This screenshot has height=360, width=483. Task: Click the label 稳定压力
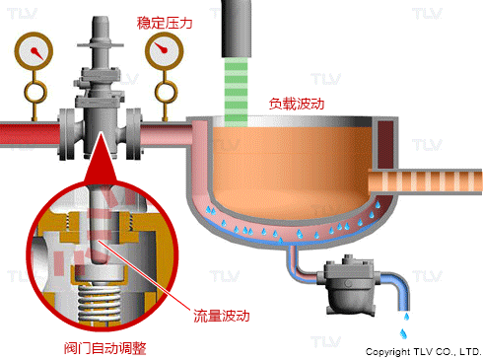pos(165,23)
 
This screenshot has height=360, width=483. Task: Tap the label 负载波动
pos(297,104)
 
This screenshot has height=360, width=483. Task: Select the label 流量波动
pos(221,316)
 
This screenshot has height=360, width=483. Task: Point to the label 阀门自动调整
pos(105,348)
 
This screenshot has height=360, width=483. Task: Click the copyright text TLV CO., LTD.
pos(448,352)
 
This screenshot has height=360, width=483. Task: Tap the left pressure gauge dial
pos(34,51)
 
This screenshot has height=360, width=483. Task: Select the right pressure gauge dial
pos(165,51)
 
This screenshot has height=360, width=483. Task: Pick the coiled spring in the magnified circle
pos(100,304)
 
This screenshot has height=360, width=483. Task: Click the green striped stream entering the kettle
pos(236,93)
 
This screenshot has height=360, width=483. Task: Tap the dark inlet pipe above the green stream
pos(237,29)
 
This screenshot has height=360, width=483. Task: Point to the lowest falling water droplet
pos(403,333)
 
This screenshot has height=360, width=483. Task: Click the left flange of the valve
pos(67,134)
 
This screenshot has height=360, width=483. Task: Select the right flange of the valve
pos(134,134)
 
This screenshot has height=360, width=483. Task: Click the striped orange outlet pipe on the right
pos(426,181)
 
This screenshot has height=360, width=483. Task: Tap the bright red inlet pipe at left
pos(30,134)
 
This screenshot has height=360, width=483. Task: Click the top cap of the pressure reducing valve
pos(101,27)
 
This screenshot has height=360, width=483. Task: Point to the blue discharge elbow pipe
pos(398,289)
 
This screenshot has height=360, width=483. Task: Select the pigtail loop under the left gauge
pos(35,93)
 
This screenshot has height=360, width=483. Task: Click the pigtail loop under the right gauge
pos(166,93)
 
